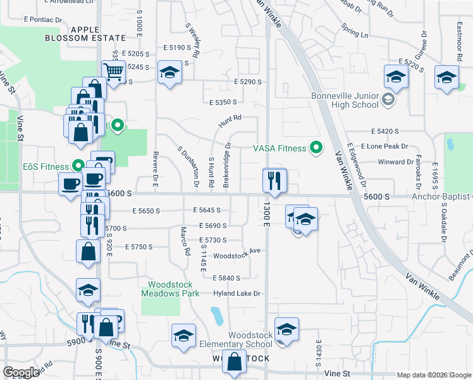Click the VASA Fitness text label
(280, 149)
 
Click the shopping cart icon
(113, 72)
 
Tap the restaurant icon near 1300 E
(274, 180)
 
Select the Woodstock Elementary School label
(250, 339)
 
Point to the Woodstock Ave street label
(237, 251)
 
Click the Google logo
(21, 372)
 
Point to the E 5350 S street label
(223, 101)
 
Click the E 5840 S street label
(226, 278)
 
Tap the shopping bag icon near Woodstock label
(235, 364)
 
